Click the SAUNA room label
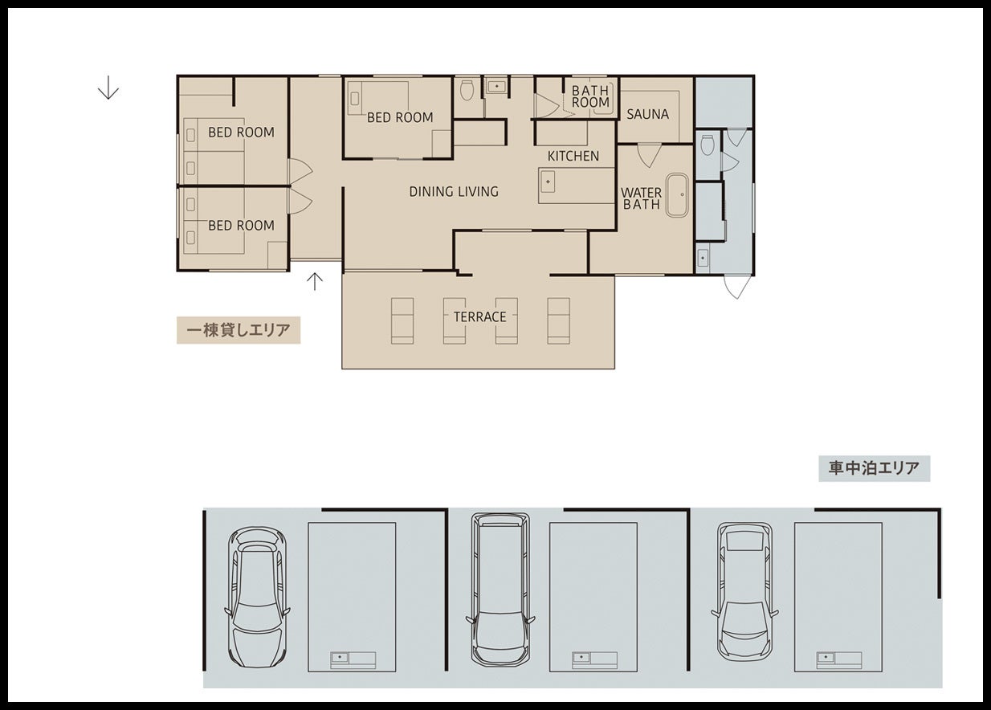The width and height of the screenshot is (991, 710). (x=647, y=115)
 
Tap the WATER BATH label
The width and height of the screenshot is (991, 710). (x=641, y=198)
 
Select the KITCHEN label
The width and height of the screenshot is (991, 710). (x=573, y=156)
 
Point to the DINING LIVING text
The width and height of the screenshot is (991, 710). (x=454, y=191)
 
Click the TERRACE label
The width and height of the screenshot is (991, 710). (x=479, y=316)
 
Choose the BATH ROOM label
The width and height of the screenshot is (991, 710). (x=590, y=96)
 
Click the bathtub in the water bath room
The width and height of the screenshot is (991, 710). (x=677, y=195)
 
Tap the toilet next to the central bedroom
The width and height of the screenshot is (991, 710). (x=467, y=90)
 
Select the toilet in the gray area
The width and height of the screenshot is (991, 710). (x=708, y=145)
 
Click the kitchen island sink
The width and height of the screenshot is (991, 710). (x=548, y=182)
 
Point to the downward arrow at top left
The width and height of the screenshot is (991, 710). (x=108, y=88)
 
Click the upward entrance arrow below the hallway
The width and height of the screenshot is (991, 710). (x=315, y=281)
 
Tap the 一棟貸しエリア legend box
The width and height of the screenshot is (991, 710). (x=239, y=330)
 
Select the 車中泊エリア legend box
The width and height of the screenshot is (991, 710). (x=875, y=468)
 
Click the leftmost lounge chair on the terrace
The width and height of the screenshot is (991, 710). (x=402, y=320)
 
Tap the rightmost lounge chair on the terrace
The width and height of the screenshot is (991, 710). (x=558, y=320)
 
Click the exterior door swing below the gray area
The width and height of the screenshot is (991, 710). (x=737, y=287)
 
